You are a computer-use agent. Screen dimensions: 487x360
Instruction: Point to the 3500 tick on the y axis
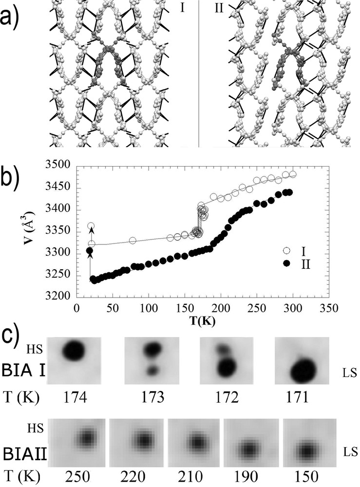pos(63,166)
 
